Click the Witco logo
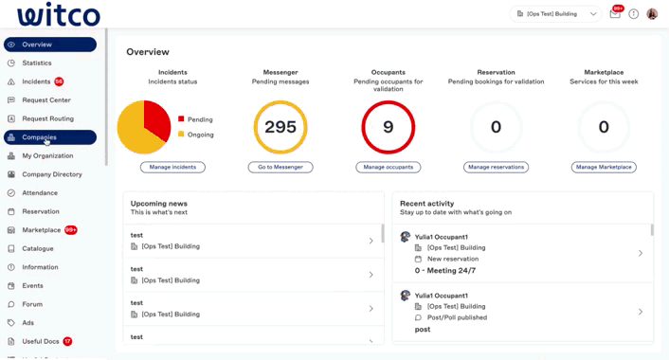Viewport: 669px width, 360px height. click(x=58, y=15)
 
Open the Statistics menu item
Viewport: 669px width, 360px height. click(x=37, y=63)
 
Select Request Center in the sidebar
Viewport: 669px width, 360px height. click(x=46, y=100)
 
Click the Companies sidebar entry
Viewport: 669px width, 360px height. click(x=39, y=137)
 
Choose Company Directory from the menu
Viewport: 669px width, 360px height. click(x=52, y=174)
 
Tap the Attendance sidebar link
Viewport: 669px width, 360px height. click(x=40, y=193)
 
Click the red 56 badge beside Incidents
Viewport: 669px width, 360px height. click(x=60, y=82)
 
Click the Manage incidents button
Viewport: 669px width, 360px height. click(x=172, y=167)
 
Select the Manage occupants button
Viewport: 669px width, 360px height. click(x=389, y=167)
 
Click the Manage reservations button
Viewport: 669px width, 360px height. click(x=497, y=167)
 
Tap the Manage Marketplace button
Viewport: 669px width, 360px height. click(x=604, y=167)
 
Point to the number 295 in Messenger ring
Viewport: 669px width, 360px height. click(x=280, y=127)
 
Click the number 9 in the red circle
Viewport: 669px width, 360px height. click(x=389, y=127)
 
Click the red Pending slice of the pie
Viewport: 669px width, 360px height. click(x=156, y=117)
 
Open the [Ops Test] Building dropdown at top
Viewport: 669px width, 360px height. click(x=556, y=14)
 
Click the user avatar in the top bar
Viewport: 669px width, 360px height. click(x=652, y=14)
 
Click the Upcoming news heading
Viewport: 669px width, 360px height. click(x=159, y=204)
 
